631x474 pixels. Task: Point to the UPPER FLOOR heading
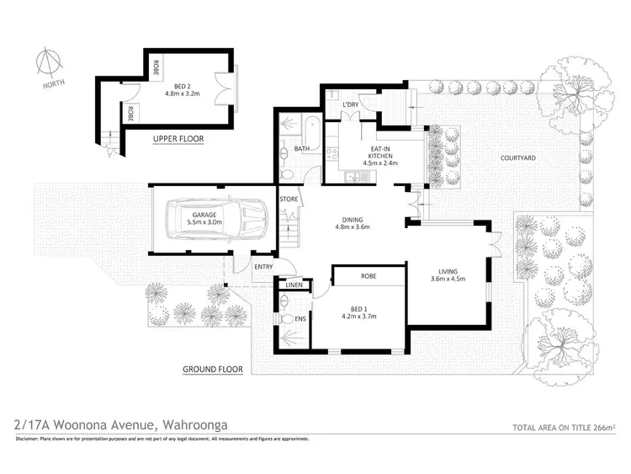179,139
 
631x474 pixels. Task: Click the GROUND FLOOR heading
213,369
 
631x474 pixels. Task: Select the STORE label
289,200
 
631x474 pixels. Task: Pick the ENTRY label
263,267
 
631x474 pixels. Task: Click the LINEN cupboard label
294,286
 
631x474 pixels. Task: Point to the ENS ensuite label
300,319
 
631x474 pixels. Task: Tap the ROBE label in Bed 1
369,276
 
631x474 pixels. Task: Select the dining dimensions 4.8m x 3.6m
353,226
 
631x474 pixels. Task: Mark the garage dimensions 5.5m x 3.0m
207,226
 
